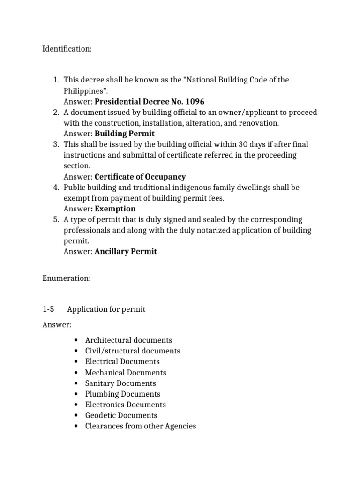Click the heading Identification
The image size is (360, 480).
tap(67, 49)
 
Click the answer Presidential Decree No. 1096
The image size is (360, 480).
tap(150, 101)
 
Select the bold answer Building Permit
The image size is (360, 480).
tap(124, 134)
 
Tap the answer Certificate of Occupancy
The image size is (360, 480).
tap(140, 177)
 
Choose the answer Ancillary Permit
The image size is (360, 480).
tap(126, 251)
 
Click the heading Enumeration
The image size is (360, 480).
tap(66, 278)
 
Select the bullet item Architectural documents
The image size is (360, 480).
tap(128, 340)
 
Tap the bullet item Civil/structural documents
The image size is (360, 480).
tap(132, 351)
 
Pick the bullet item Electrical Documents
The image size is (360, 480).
tap(122, 361)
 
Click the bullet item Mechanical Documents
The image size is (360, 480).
tap(125, 373)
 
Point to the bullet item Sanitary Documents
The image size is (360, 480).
tap(120, 383)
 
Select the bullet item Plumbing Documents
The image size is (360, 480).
tap(122, 394)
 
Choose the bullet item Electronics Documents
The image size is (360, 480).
tap(125, 405)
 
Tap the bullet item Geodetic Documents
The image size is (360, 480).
tap(121, 415)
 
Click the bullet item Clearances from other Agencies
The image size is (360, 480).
tap(140, 426)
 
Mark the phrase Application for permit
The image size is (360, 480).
tap(106, 309)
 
